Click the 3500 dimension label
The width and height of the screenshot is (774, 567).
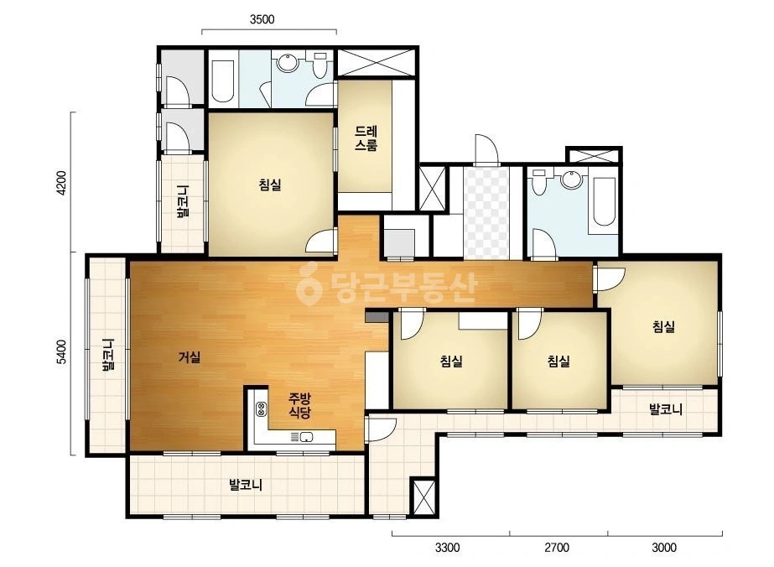[x=262, y=20]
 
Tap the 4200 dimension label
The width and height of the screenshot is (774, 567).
[x=61, y=183]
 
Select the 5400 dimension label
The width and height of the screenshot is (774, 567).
[x=61, y=351]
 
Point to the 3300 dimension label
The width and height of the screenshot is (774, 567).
[x=447, y=547]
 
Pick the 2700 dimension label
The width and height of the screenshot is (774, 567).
[x=557, y=547]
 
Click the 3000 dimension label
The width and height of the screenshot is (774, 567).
[x=664, y=547]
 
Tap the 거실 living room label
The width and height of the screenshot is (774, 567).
[x=190, y=356]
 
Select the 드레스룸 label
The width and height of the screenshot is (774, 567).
[x=366, y=138]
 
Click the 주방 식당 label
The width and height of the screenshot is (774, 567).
[x=299, y=405]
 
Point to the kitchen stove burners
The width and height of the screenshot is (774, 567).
[x=261, y=409]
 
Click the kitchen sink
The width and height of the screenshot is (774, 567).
[x=307, y=437]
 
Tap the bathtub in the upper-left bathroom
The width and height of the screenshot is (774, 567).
[x=222, y=81]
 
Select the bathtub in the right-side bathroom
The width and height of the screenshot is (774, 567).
[x=603, y=201]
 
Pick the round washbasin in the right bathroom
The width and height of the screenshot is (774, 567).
[x=573, y=179]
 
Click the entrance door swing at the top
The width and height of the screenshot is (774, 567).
[x=486, y=148]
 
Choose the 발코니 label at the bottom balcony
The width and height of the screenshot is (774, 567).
[x=246, y=485]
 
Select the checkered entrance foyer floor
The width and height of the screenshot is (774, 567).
[x=486, y=213]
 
